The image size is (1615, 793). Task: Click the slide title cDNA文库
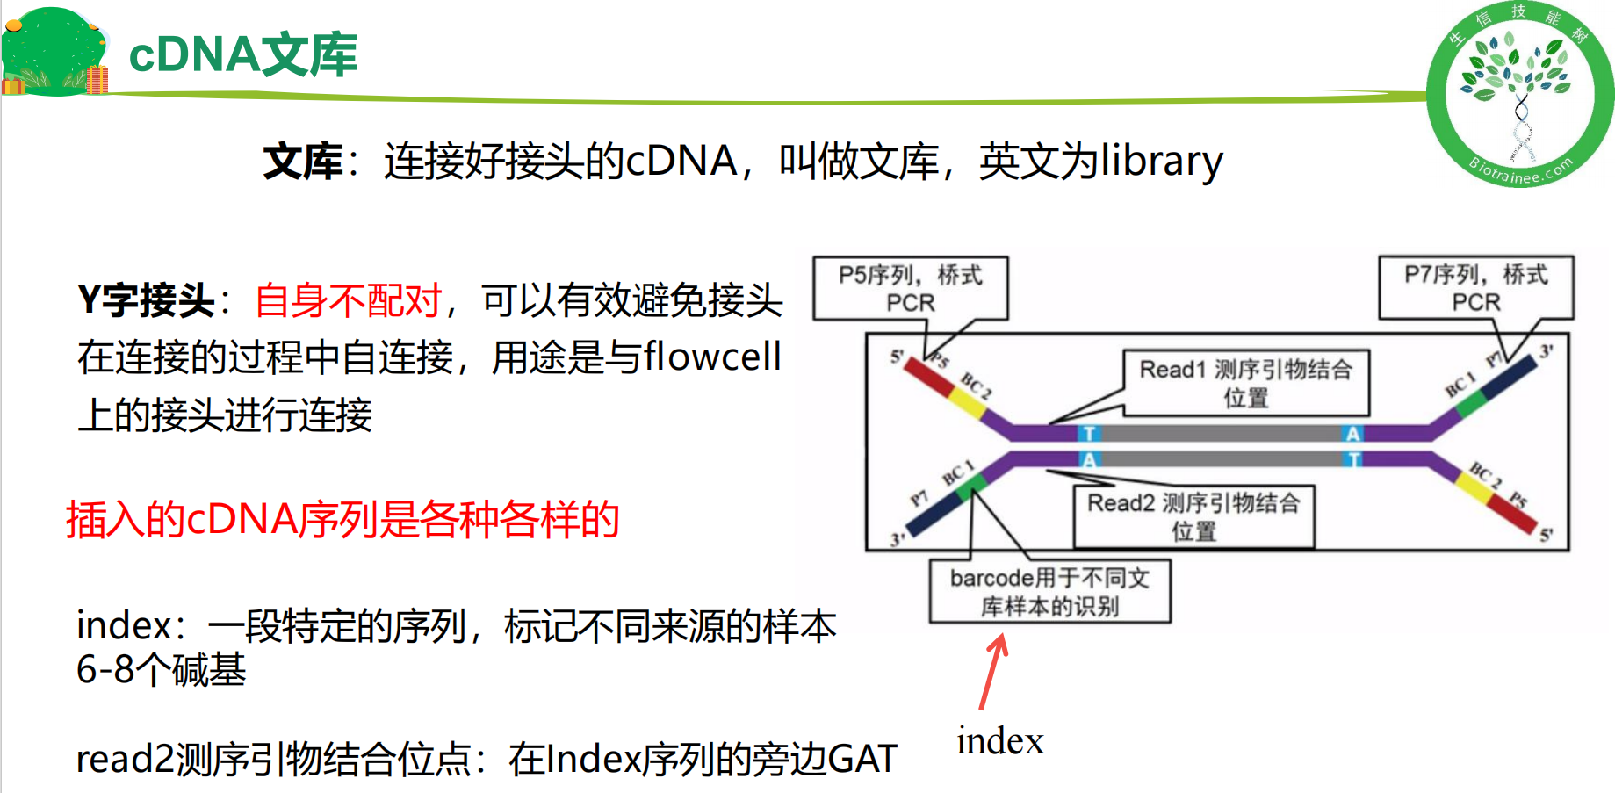point(243,54)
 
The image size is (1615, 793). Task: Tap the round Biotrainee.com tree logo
point(1519,94)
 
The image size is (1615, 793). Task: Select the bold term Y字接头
point(146,300)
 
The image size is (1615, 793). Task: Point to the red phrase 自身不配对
point(348,300)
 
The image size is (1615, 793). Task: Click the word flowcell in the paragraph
point(712,357)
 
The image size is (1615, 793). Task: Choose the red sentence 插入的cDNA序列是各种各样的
point(342,519)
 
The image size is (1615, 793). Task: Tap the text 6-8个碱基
point(161,670)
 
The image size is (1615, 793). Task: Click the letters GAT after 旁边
point(862,759)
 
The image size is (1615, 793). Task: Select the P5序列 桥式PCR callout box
point(910,288)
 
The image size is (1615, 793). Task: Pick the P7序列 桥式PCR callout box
point(1475,288)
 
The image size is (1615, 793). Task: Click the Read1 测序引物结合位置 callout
point(1245,383)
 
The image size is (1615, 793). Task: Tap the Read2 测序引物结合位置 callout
point(1193,516)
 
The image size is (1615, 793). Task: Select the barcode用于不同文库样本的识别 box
point(1049,592)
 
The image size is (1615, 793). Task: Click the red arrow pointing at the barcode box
point(993,673)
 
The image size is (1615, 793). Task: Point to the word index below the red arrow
point(1000,741)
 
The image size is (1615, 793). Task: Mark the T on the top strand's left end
point(1089,433)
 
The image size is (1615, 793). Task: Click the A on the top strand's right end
point(1352,433)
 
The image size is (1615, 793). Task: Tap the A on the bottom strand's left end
point(1089,459)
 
